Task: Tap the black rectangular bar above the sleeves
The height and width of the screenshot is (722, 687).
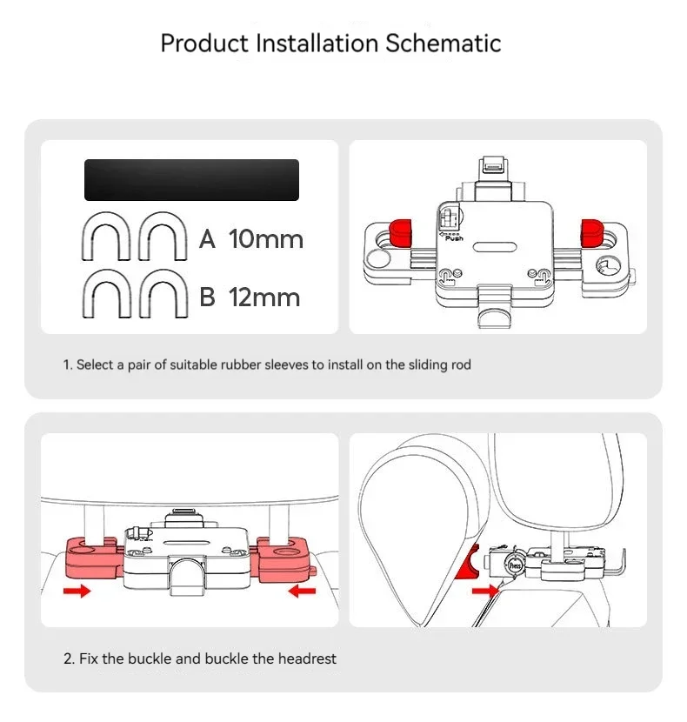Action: click(191, 180)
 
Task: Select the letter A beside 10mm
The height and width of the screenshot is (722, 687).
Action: click(207, 239)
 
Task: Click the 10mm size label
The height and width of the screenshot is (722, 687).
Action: click(266, 239)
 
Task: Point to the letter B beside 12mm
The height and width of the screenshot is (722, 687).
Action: click(207, 297)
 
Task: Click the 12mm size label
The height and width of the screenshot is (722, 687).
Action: click(264, 297)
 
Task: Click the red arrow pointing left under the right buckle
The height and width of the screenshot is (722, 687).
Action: click(303, 592)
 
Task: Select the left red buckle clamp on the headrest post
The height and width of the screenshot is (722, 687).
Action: click(94, 557)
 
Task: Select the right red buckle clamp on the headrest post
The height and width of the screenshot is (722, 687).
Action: click(284, 557)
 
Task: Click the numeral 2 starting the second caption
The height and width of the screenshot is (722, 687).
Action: click(67, 658)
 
